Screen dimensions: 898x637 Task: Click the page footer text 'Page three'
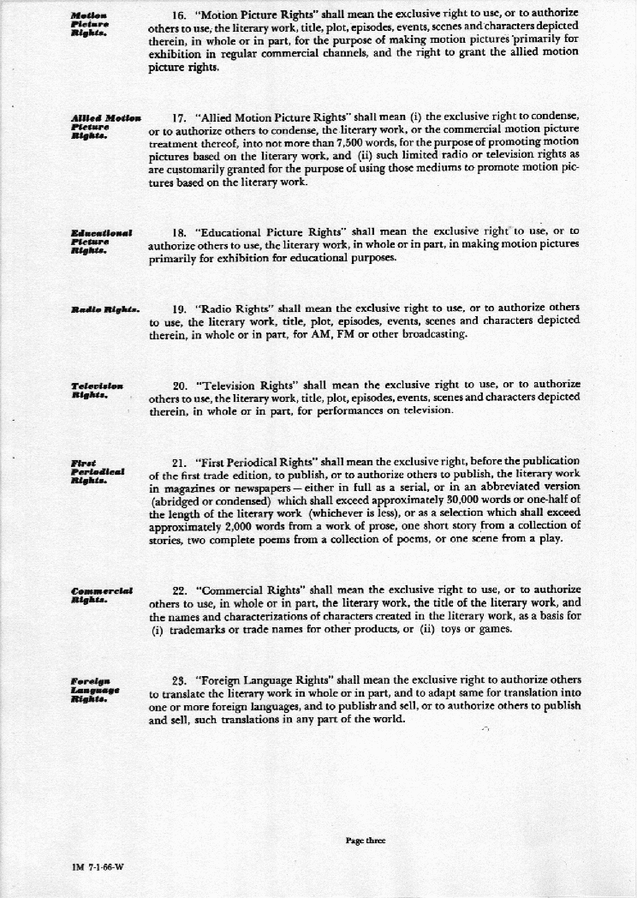pyautogui.click(x=366, y=841)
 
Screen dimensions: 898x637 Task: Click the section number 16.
pyautogui.click(x=180, y=14)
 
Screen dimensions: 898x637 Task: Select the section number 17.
pyautogui.click(x=180, y=117)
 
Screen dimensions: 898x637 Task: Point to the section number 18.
pyautogui.click(x=180, y=231)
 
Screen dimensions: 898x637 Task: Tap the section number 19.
pyautogui.click(x=180, y=308)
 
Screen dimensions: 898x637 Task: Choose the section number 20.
pyautogui.click(x=180, y=385)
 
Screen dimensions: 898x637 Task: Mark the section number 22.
pyautogui.click(x=180, y=590)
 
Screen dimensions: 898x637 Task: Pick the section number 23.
pyautogui.click(x=180, y=680)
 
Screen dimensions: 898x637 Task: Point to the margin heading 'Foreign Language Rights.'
pyautogui.click(x=96, y=690)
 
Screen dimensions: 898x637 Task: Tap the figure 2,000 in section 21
pyautogui.click(x=245, y=526)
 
